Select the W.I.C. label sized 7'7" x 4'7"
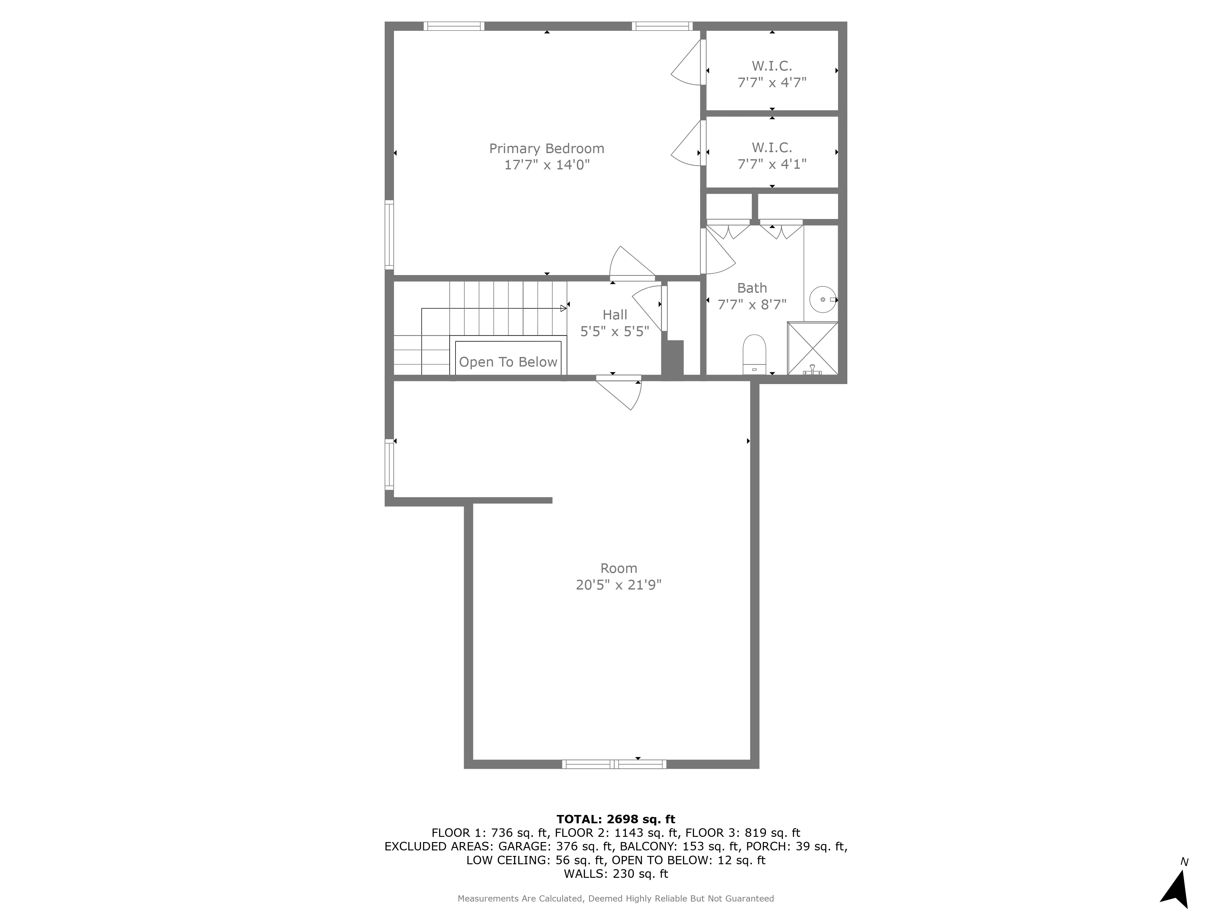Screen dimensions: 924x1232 772,66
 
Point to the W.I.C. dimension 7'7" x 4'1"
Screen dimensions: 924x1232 772,164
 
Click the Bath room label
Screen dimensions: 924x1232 752,288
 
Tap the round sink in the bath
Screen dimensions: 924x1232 823,300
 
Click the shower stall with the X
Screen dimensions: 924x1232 813,348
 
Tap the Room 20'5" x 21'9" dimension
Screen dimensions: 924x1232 618,585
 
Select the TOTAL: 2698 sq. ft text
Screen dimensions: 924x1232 615,819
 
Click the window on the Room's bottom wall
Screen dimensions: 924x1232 614,764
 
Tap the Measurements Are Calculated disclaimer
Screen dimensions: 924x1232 615,898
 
